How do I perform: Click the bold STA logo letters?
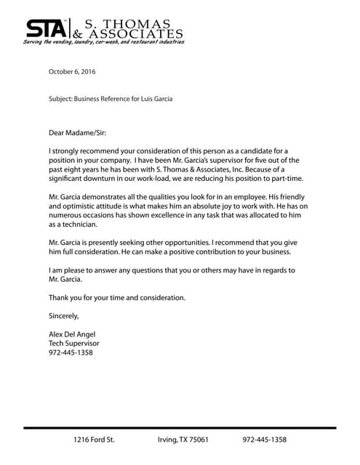(46, 28)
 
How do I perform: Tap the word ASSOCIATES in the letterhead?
(138, 33)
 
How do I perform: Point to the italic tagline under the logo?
(103, 42)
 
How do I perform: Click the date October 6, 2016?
(72, 72)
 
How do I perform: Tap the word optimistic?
(80, 206)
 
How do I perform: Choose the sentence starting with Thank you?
(117, 297)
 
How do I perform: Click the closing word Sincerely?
(63, 316)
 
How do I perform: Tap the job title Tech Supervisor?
(73, 344)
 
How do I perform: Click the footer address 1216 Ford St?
(94, 440)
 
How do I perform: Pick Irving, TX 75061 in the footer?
(183, 440)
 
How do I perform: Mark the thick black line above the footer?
(180, 429)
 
